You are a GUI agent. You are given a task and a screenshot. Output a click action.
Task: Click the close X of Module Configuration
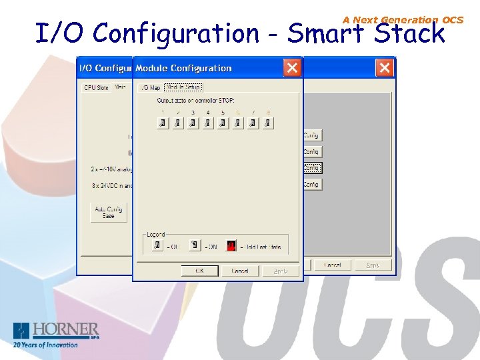[291, 67]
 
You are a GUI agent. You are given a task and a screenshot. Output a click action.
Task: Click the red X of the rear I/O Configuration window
[384, 67]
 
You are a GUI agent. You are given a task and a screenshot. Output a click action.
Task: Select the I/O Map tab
[149, 87]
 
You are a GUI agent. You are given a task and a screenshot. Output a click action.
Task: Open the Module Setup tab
[183, 87]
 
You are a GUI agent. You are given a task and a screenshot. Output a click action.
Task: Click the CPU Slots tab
[96, 87]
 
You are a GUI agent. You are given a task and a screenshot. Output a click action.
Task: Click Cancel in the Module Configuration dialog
[240, 271]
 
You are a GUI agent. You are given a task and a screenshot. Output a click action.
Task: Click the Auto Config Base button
[109, 213]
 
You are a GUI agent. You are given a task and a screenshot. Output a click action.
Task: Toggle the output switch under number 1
[162, 123]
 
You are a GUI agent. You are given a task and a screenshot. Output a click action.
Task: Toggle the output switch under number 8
[267, 123]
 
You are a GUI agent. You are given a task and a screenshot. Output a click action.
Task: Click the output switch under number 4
[207, 123]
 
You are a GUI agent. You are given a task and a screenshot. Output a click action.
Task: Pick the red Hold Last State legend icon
[231, 245]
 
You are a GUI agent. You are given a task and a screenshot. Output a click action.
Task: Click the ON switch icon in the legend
[194, 245]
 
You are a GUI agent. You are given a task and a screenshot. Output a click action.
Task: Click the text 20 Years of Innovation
[45, 345]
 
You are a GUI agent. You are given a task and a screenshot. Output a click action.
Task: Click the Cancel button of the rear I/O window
[332, 265]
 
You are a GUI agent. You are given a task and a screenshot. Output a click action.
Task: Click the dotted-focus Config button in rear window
[312, 168]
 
